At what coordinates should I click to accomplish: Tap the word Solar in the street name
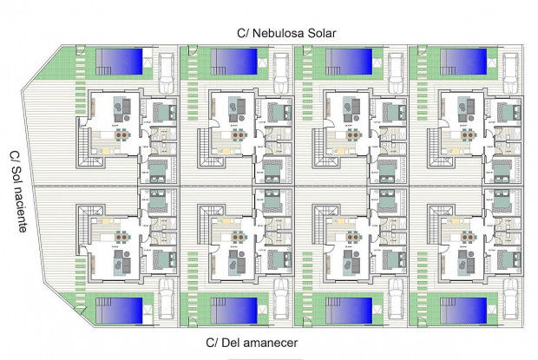coord(316,33)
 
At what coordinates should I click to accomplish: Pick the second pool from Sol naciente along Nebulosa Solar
coord(233,61)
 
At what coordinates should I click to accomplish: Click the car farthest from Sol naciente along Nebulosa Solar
coord(510,72)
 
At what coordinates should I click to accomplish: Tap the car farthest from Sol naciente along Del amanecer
coord(511,298)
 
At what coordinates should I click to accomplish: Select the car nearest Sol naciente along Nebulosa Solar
coord(166,71)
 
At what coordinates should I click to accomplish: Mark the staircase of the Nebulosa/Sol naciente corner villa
coord(83,139)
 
